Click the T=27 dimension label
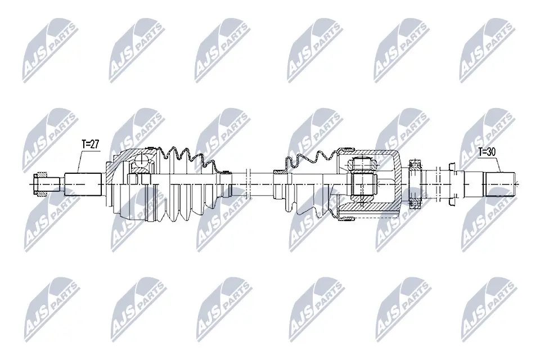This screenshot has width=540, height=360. (x=90, y=145)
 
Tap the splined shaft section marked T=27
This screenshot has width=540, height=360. (x=83, y=184)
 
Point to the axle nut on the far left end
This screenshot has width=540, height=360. (x=42, y=184)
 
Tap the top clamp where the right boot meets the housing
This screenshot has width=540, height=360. (x=344, y=151)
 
